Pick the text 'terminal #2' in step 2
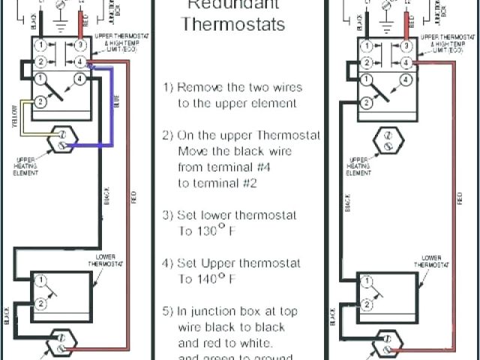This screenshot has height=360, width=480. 220,183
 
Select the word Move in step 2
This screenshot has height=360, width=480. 193,151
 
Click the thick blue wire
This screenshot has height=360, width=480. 111,112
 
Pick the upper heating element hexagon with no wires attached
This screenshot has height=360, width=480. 388,141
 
